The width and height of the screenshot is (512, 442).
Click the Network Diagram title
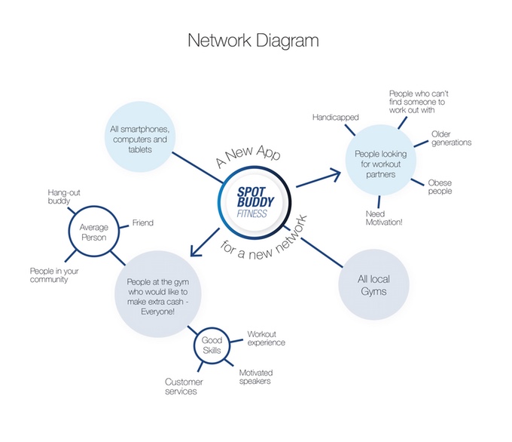[254, 41]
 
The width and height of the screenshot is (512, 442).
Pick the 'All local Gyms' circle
[373, 286]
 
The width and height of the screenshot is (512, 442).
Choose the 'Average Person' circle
[95, 232]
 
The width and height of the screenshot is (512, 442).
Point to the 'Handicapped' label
[336, 117]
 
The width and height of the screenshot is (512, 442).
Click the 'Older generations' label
[451, 137]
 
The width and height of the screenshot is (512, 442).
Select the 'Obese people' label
[440, 186]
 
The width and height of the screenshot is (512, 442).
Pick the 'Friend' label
[143, 223]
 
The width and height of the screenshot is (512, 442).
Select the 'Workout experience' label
[267, 338]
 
